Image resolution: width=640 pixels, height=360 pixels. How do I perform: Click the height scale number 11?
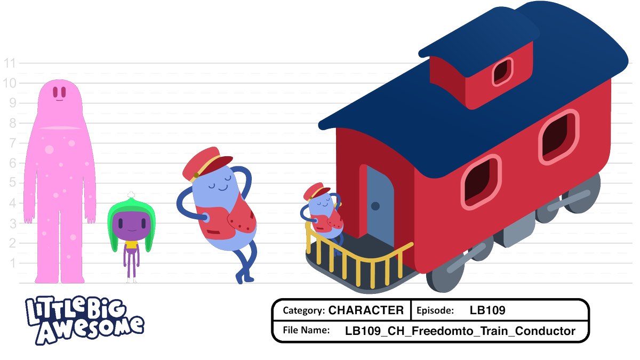(10, 63)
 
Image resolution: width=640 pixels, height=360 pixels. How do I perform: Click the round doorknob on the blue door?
(375, 205)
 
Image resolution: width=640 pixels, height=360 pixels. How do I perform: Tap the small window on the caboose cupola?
(502, 70)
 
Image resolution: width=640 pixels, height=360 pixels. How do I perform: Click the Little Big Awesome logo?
(84, 321)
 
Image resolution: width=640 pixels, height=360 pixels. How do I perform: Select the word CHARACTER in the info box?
(366, 310)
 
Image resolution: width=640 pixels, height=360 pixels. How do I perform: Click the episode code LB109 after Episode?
(487, 310)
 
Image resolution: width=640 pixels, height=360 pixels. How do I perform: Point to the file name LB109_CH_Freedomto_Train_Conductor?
(460, 331)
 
